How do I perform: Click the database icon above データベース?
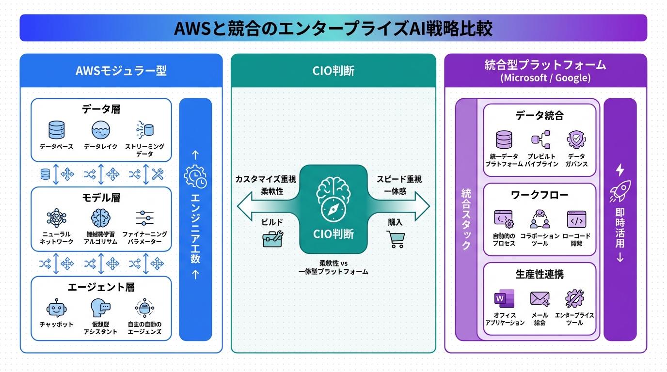tap(57, 129)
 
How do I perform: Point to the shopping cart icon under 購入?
tap(395, 239)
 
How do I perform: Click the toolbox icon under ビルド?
tap(272, 238)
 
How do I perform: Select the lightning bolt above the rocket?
tap(620, 170)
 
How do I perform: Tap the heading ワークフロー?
tap(539, 195)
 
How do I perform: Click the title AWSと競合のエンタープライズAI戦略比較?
tap(333, 28)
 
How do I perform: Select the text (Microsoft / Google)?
tap(545, 78)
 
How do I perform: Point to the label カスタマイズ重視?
tap(266, 179)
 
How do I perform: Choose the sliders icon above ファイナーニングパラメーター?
tap(145, 218)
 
